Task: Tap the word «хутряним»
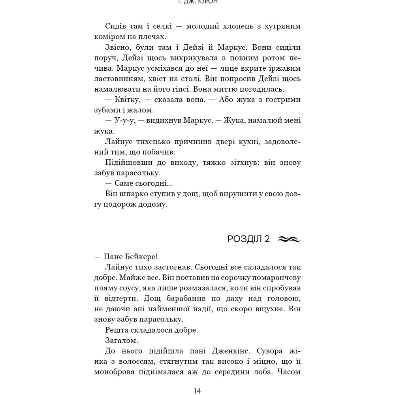pos(280,26)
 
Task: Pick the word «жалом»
pos(141,110)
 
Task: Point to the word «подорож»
pos(117,205)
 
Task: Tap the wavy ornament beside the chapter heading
pos(290,239)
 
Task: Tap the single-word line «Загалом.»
pos(122,340)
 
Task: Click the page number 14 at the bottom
pos(197,391)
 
